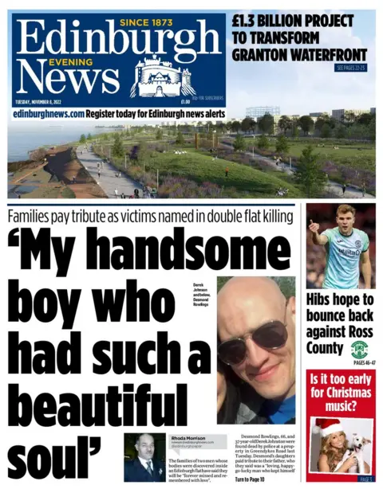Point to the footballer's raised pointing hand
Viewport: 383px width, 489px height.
[315, 229]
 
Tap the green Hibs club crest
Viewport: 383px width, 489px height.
[358, 350]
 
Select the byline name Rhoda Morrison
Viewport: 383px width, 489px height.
[188, 439]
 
